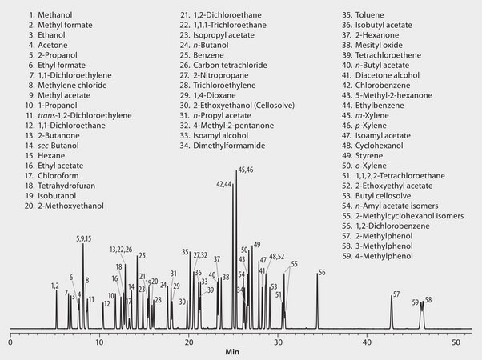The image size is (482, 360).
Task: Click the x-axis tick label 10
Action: click(99, 342)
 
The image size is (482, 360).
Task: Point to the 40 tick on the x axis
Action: click(368, 342)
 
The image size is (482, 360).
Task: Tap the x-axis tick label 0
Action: click(10, 342)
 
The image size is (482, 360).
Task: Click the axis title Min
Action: click(232, 352)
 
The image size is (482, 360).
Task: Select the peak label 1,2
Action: click(54, 286)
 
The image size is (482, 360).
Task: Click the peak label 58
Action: click(428, 300)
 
